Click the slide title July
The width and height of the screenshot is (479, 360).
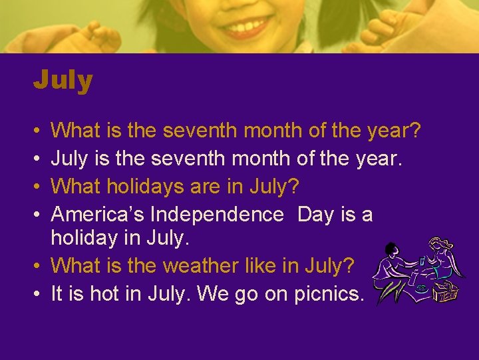click(63, 81)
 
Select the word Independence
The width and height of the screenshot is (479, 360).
click(217, 214)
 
